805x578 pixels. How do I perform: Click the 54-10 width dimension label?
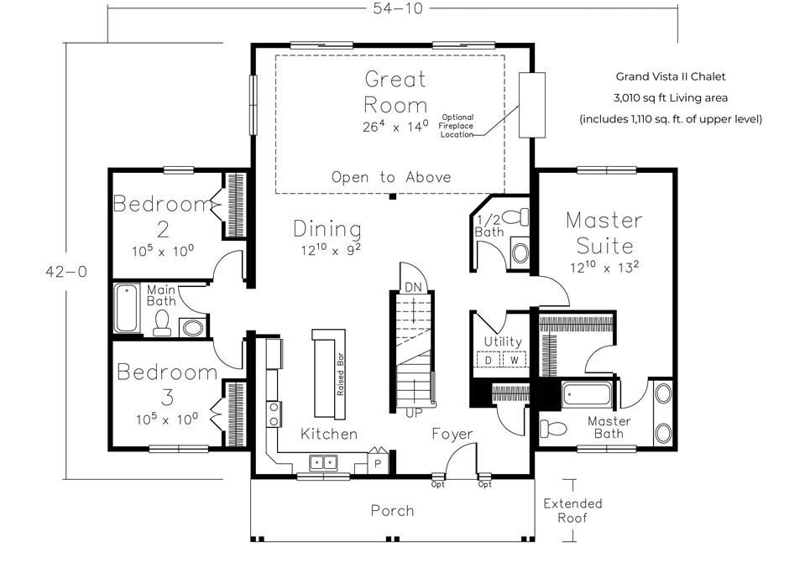397,8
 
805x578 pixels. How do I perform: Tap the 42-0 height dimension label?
66,271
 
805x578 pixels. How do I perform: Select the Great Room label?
395,91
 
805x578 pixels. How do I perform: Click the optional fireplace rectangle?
532,105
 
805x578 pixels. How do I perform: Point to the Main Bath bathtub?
126,308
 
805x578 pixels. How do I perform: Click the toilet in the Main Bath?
162,323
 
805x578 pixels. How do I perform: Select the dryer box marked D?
489,360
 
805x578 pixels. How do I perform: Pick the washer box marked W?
514,360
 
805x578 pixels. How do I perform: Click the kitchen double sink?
323,462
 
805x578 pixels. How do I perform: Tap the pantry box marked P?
378,463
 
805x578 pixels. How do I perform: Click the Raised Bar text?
340,373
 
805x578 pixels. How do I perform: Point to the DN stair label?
413,287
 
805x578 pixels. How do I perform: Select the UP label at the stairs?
414,413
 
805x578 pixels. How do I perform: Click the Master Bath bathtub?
587,394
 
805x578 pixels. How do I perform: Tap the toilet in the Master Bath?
553,428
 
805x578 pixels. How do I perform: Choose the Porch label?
392,510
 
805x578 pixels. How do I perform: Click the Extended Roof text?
572,510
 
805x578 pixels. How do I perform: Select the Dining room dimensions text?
331,249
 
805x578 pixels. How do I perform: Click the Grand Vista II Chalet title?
671,76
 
